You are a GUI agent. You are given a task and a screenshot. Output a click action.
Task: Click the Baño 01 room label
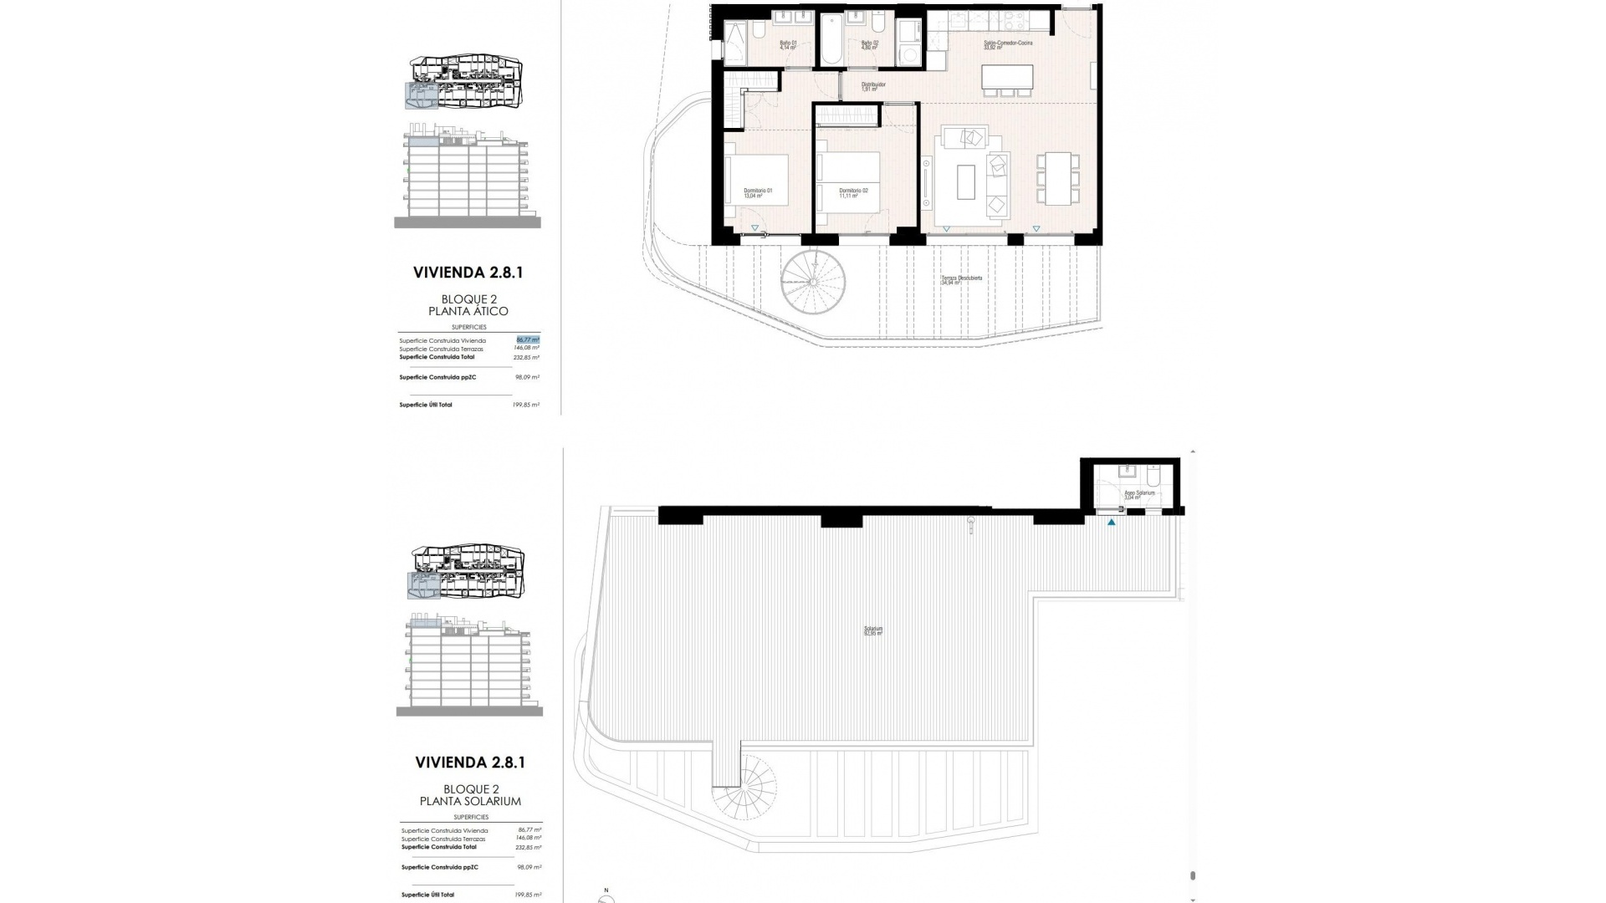point(787,45)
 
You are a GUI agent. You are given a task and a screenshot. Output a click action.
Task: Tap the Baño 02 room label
point(870,45)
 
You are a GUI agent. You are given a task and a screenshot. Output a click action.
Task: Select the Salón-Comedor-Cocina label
point(1007,45)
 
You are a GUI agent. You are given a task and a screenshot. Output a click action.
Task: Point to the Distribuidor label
point(873,86)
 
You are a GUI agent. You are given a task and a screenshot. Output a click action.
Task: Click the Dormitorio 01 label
point(758,193)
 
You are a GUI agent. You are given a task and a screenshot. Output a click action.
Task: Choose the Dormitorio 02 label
point(853,193)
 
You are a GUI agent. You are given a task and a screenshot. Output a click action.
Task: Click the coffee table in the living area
point(965,181)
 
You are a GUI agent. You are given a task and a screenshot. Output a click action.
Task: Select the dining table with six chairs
point(1056,178)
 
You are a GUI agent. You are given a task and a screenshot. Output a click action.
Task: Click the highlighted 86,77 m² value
point(528,340)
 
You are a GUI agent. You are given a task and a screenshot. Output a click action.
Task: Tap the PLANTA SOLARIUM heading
point(470,801)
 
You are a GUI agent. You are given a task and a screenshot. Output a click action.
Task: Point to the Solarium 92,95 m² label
point(873,631)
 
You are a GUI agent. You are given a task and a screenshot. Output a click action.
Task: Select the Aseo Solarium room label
point(1138,494)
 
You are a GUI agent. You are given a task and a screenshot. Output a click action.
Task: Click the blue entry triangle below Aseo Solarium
point(1112,523)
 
